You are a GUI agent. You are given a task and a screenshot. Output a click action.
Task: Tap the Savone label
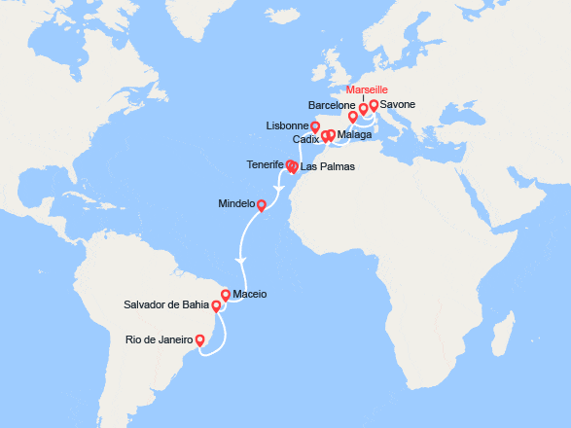click(399, 103)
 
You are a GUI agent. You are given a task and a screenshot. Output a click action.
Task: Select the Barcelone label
click(332, 104)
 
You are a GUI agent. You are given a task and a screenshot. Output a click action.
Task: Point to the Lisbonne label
click(286, 126)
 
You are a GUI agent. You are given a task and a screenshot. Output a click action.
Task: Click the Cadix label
click(305, 140)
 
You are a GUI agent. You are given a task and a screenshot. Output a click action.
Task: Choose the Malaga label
click(354, 135)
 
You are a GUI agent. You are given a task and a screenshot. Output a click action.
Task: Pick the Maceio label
click(251, 294)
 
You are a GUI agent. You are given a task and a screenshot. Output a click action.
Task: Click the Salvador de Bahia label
click(167, 305)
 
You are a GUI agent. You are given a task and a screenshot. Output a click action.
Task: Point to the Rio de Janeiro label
click(160, 339)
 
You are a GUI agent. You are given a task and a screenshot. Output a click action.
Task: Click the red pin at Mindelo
click(262, 204)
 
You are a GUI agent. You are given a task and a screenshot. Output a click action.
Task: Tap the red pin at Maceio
click(226, 294)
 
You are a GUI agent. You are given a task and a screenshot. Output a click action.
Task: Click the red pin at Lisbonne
click(315, 125)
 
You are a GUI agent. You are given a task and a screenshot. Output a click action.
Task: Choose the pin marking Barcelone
click(353, 116)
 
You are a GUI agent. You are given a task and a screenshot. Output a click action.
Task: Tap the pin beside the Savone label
click(374, 104)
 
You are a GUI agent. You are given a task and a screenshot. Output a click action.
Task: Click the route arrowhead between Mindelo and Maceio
click(240, 260)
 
